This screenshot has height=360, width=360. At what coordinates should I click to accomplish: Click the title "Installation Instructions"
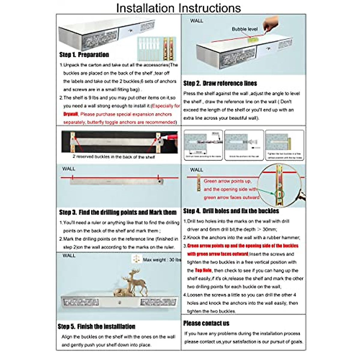pos(178,8)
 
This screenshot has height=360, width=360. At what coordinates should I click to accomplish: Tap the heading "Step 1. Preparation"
pos(84,55)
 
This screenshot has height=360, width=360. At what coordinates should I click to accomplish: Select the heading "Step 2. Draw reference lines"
pos(220,83)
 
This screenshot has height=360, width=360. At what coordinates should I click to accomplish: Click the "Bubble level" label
pos(244,29)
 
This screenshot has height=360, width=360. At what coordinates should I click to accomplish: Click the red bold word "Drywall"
pos(70,114)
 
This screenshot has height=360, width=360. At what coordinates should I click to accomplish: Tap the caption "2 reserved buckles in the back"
pos(114,157)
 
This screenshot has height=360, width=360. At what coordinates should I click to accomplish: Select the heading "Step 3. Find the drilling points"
pos(118,212)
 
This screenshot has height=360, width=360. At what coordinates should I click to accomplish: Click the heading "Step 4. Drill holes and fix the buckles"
pos(231,211)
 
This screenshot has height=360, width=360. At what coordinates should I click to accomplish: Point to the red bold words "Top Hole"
pos(203,270)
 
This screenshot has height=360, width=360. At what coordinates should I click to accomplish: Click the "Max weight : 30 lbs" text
pos(162,260)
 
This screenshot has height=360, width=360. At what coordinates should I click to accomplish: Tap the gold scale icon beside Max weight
pos(136,259)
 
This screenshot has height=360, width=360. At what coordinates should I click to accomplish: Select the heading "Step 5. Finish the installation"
pos(96,326)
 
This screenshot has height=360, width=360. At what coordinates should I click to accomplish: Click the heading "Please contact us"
pos(206,323)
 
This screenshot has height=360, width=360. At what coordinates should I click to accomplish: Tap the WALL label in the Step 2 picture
pos(196,21)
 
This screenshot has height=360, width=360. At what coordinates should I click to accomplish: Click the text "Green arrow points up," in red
pos(227,181)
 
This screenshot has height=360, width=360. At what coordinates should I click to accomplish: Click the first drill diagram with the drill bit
pos(203,145)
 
